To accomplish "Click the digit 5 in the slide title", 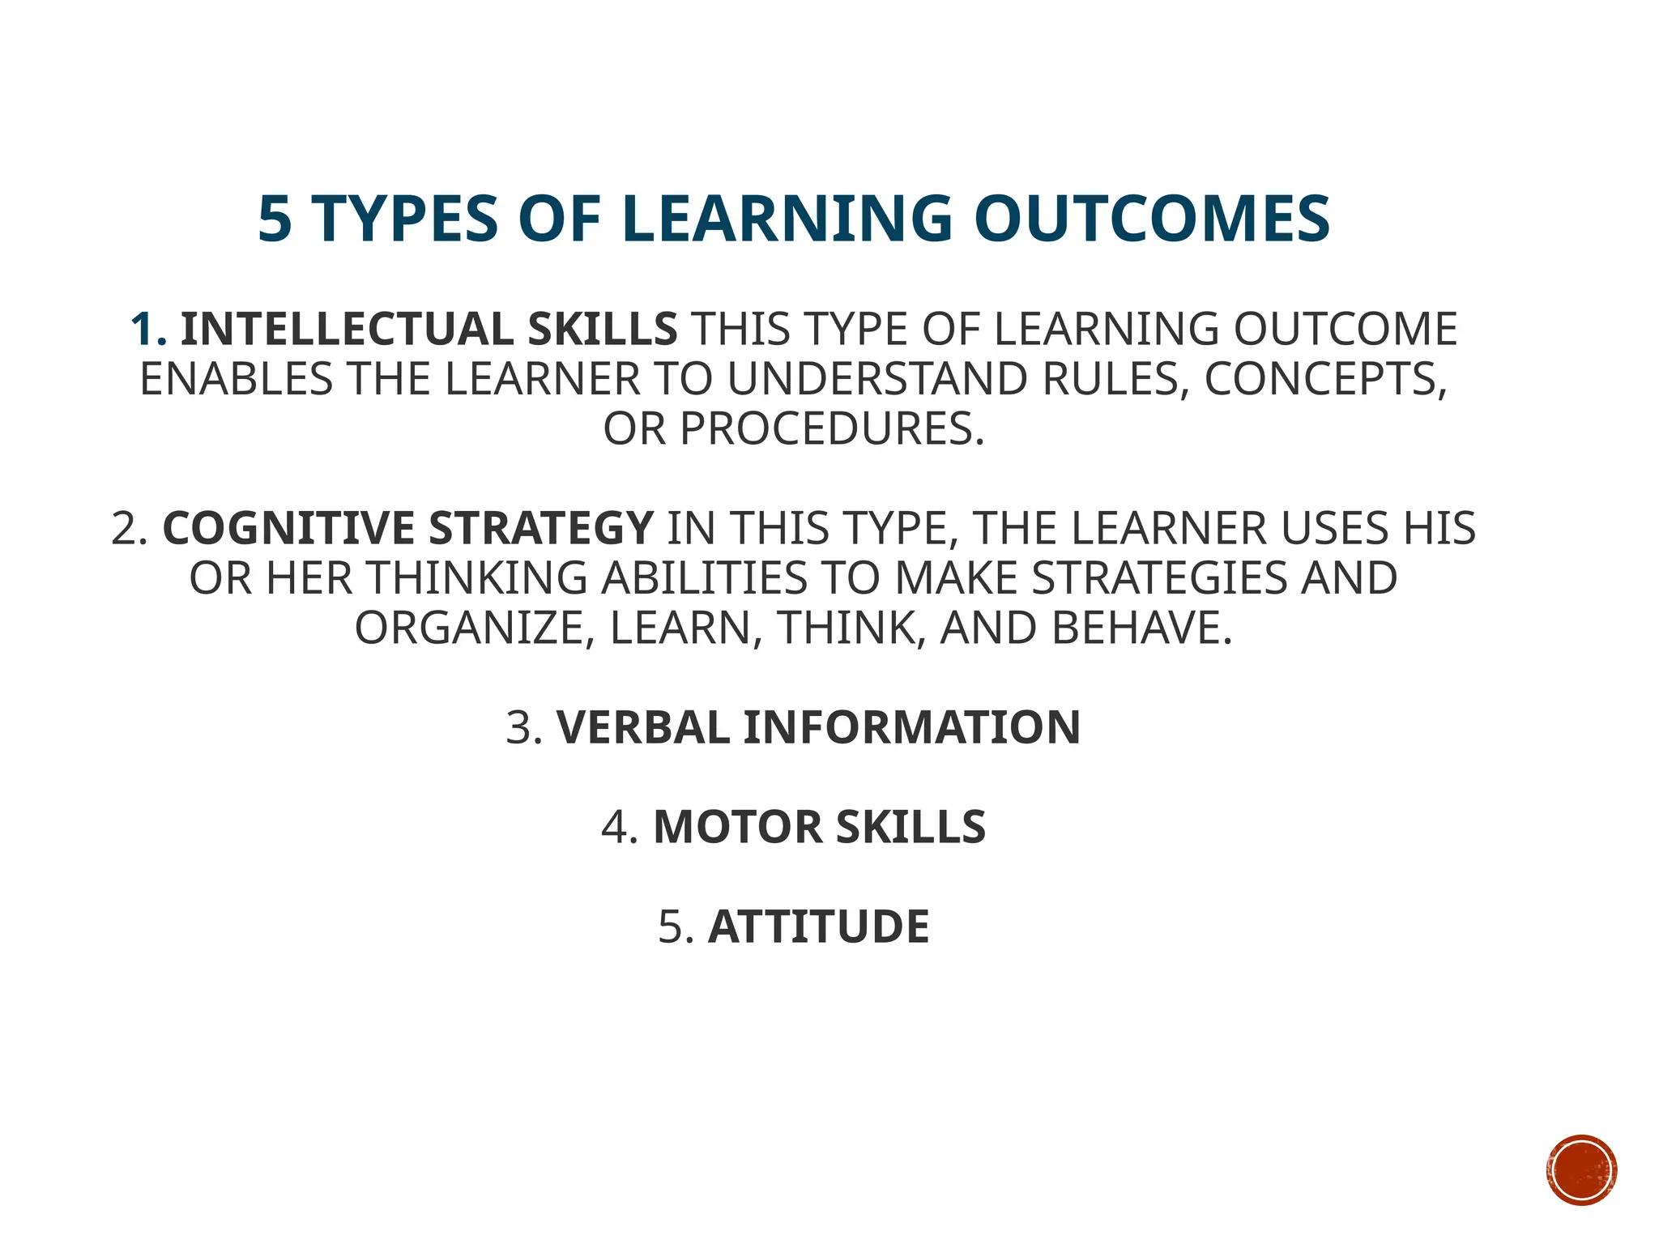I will click(275, 219).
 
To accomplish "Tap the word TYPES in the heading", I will click(404, 219).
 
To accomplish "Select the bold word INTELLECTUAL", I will click(346, 330).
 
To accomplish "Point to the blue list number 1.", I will click(148, 330).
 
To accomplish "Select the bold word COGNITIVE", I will click(288, 528).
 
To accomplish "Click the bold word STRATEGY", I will click(540, 528).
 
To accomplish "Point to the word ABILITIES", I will click(703, 578).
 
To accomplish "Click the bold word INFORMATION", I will click(911, 727).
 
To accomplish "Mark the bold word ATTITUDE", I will click(818, 927).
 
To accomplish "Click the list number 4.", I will click(620, 827).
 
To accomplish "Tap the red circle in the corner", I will click(1581, 1170).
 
